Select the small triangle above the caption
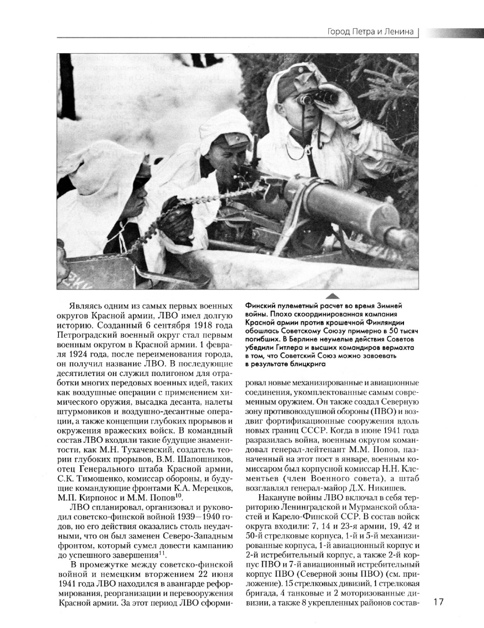(x=333, y=295)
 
